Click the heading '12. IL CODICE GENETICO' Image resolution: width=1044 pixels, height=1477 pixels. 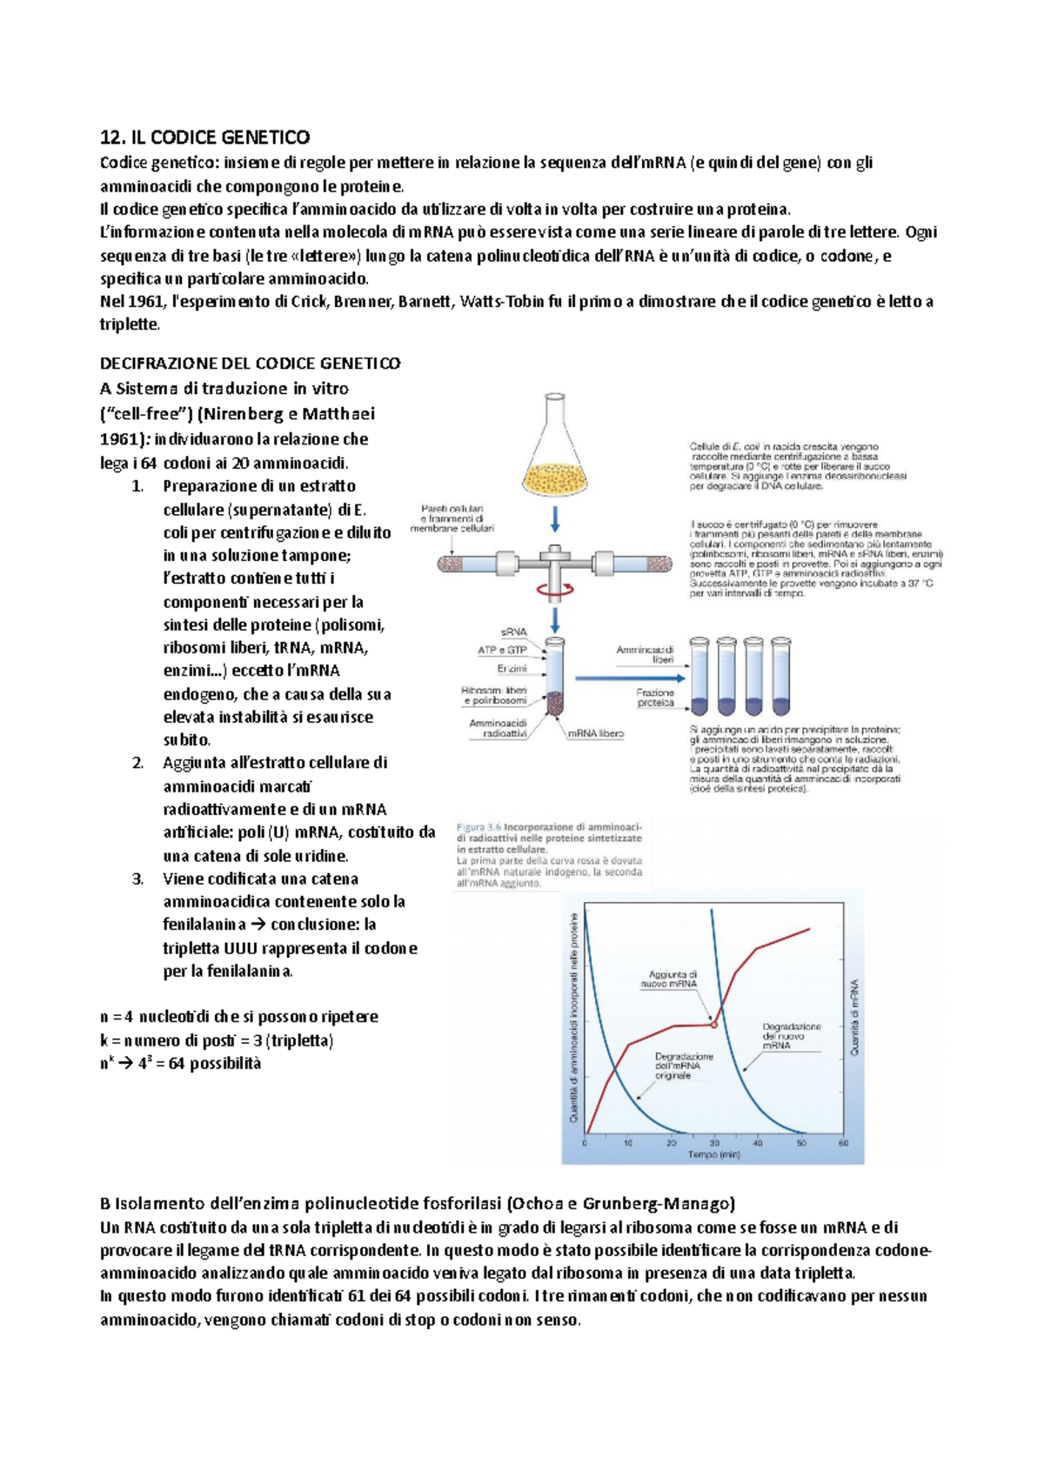(x=204, y=137)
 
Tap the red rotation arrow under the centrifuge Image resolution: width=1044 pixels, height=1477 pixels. (x=555, y=590)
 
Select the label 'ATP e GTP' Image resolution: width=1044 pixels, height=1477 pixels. (x=502, y=650)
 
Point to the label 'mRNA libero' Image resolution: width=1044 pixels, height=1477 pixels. (x=596, y=733)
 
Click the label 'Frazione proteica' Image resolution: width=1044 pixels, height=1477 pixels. (x=655, y=698)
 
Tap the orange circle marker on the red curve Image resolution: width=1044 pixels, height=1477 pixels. (x=714, y=1025)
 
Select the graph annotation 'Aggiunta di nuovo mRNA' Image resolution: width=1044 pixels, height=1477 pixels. (x=672, y=979)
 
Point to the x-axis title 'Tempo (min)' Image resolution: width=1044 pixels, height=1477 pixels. (x=713, y=1155)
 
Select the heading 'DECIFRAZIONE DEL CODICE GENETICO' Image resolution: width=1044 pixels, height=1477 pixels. (x=251, y=364)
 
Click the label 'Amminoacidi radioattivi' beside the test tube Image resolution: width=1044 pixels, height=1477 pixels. (x=499, y=728)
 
